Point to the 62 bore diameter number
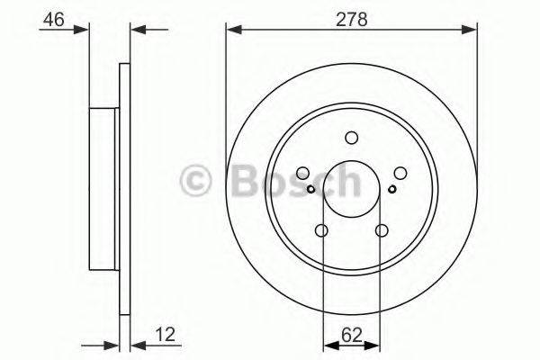click(x=351, y=336)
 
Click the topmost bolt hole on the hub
click(x=351, y=138)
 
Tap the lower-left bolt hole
click(x=322, y=231)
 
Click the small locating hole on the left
click(x=310, y=188)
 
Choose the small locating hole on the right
click(x=391, y=188)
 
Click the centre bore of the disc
click(x=351, y=189)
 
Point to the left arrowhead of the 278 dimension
click(x=231, y=30)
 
